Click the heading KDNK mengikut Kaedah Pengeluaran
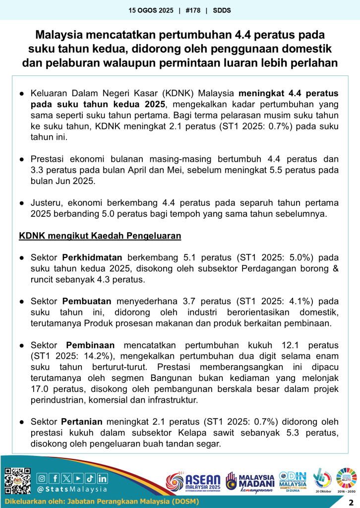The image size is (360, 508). point(100,236)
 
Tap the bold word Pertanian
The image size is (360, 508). point(82,422)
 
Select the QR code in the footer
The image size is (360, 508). point(17,481)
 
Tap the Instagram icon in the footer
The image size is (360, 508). point(42,478)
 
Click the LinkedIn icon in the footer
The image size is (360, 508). point(102,478)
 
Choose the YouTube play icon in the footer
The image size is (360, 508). point(78,478)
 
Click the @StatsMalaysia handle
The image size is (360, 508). point(72,489)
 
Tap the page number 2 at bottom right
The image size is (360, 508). point(351,502)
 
